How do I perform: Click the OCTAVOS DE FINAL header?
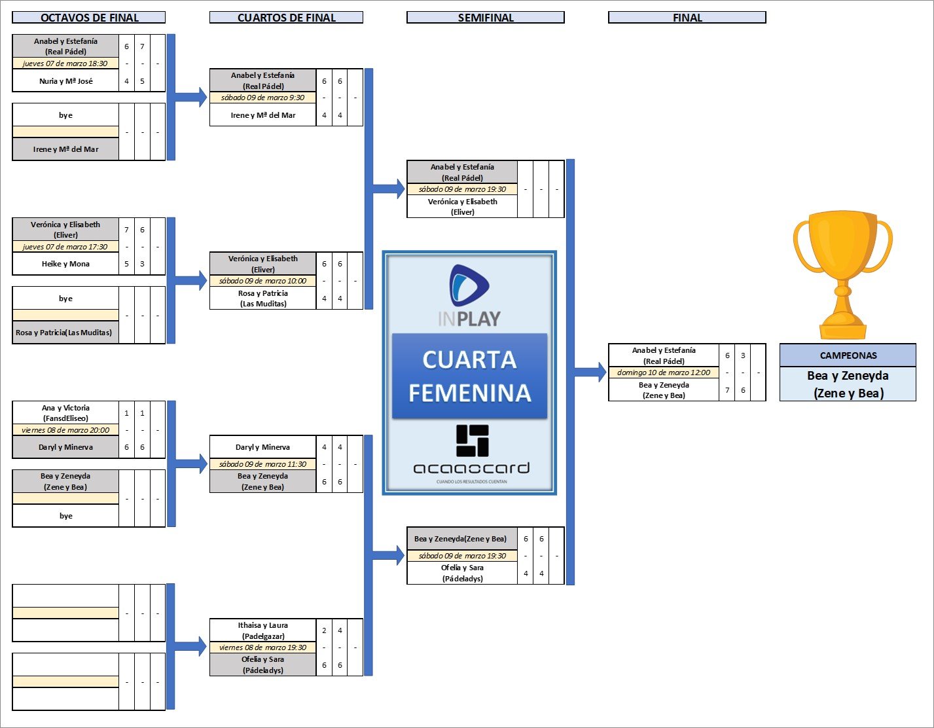pyautogui.click(x=89, y=18)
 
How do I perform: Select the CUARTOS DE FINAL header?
pyautogui.click(x=286, y=18)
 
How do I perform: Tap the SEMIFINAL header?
pyautogui.click(x=485, y=18)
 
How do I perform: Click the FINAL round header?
pyautogui.click(x=687, y=18)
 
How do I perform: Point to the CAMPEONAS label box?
pyautogui.click(x=848, y=355)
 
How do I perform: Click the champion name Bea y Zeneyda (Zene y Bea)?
pyautogui.click(x=848, y=384)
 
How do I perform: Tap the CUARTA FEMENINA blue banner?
pyautogui.click(x=469, y=376)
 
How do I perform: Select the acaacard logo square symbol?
pyautogui.click(x=473, y=441)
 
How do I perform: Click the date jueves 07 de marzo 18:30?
pyautogui.click(x=65, y=64)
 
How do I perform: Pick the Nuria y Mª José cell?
pyautogui.click(x=65, y=81)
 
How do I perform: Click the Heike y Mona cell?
pyautogui.click(x=65, y=264)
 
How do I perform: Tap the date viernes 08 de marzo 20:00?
pyautogui.click(x=65, y=430)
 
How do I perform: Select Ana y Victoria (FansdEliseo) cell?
pyautogui.click(x=65, y=412)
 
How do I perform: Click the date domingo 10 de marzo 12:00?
pyautogui.click(x=664, y=373)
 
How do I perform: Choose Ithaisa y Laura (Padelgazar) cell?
pyautogui.click(x=262, y=630)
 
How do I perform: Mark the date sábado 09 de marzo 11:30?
pyautogui.click(x=262, y=464)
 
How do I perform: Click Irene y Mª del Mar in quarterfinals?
pyautogui.click(x=262, y=115)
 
